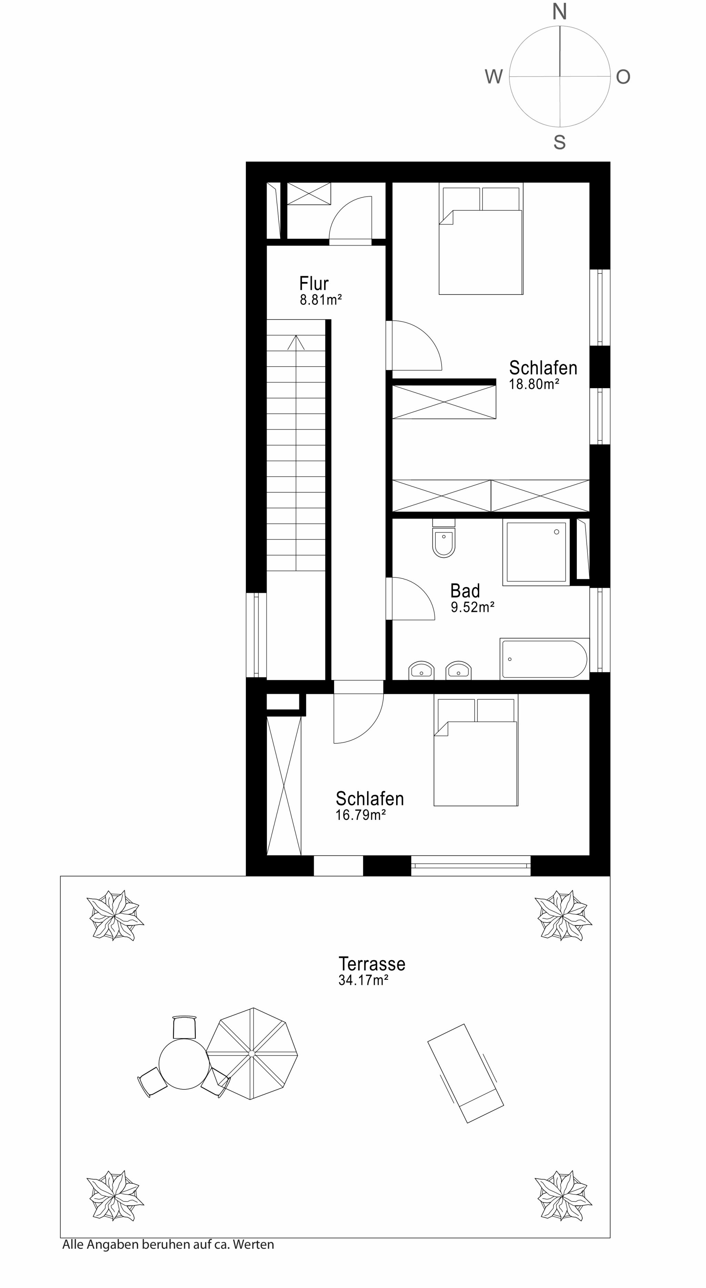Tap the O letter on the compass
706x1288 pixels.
point(623,77)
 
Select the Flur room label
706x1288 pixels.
point(314,283)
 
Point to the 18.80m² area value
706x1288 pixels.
point(534,384)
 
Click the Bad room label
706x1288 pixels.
point(465,591)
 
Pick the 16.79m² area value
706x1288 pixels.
point(361,815)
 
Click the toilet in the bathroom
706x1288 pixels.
point(444,539)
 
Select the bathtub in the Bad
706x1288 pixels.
point(545,658)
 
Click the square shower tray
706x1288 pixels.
point(536,552)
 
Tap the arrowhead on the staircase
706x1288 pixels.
point(296,342)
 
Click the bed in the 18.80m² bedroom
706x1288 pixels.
point(481,239)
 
